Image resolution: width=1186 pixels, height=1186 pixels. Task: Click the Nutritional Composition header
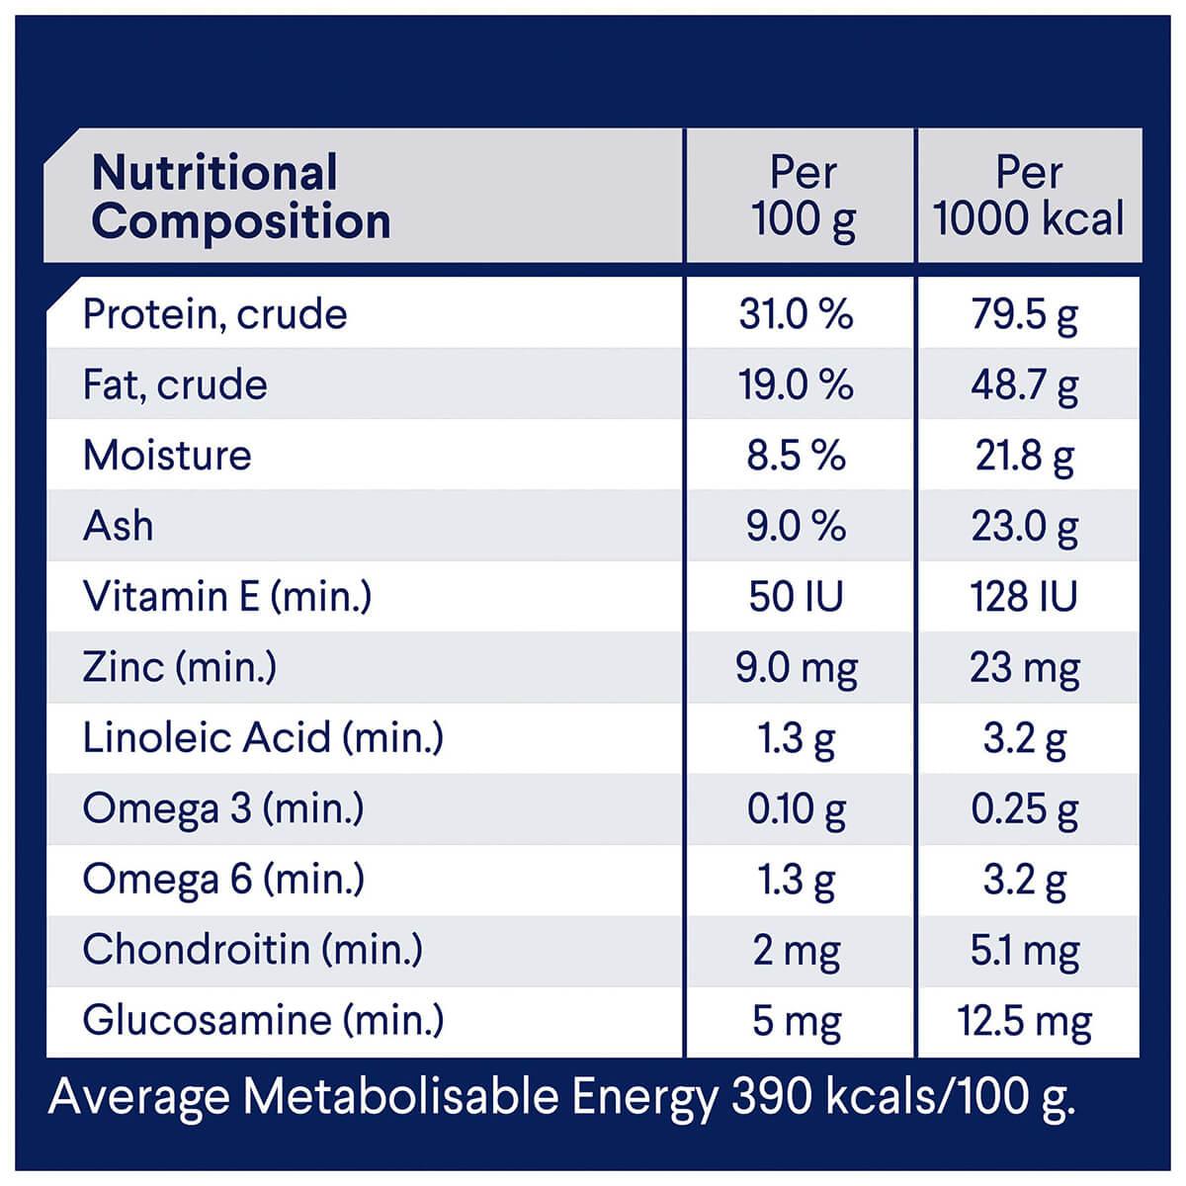pyautogui.click(x=240, y=197)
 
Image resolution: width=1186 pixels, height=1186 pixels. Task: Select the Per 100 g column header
pyautogui.click(x=803, y=197)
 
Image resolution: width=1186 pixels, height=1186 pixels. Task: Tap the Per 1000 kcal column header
pyautogui.click(x=1029, y=197)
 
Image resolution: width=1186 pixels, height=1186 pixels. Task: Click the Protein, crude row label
pyautogui.click(x=215, y=314)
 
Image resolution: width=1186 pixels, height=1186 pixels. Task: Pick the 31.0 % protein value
pyautogui.click(x=796, y=314)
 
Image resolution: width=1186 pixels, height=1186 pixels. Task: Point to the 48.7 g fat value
pyautogui.click(x=1024, y=385)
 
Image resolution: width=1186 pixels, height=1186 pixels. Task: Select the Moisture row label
pyautogui.click(x=167, y=456)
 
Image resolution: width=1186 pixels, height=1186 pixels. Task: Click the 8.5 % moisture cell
pyautogui.click(x=796, y=456)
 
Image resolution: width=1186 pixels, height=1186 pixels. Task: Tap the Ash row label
pyautogui.click(x=119, y=526)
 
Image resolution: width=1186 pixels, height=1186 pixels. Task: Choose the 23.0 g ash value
pyautogui.click(x=1024, y=526)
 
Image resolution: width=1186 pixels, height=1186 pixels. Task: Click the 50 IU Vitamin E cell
pyautogui.click(x=796, y=597)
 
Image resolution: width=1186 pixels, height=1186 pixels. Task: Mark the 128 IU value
pyautogui.click(x=1024, y=597)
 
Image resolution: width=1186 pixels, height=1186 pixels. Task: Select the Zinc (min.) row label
pyautogui.click(x=180, y=667)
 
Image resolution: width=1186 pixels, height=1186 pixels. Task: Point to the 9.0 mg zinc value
pyautogui.click(x=796, y=668)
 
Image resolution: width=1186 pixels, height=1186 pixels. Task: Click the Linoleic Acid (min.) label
pyautogui.click(x=263, y=738)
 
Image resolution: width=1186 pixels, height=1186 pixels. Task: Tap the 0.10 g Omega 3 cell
pyautogui.click(x=796, y=809)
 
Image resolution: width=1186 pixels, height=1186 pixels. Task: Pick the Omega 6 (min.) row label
pyautogui.click(x=223, y=880)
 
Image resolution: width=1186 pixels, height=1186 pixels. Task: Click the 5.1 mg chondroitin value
pyautogui.click(x=1024, y=951)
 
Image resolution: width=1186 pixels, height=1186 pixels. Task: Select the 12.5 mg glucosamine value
pyautogui.click(x=1024, y=1021)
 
